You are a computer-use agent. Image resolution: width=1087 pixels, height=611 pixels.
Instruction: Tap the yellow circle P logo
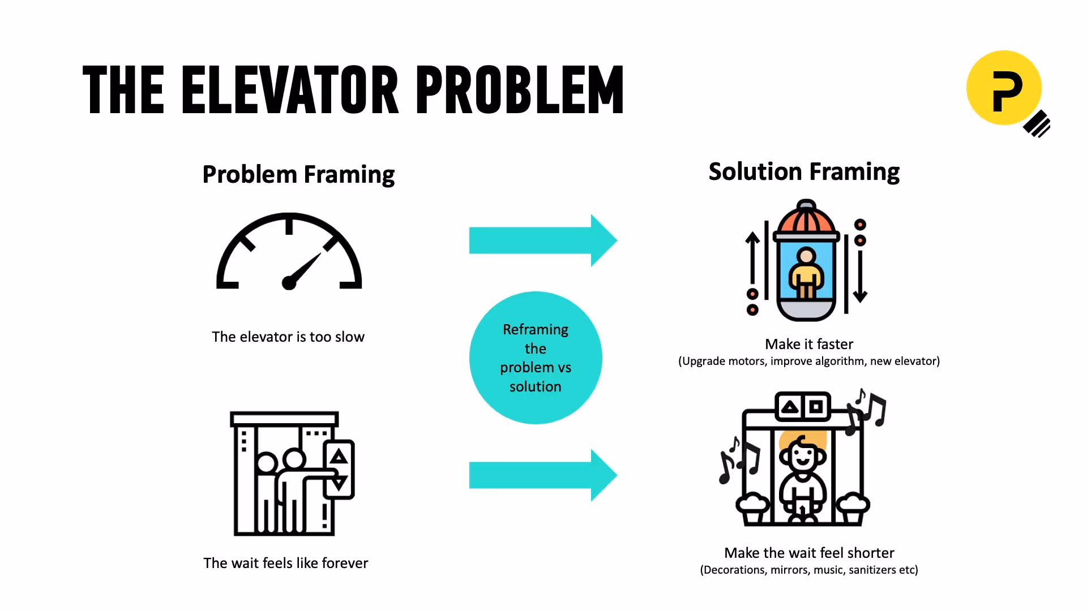coord(1004,88)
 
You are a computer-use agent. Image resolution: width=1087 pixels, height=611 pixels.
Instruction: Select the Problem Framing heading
coord(298,174)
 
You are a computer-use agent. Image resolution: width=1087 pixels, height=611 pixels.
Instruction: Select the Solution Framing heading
coord(804,172)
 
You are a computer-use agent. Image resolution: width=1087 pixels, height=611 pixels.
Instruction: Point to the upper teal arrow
coord(542,240)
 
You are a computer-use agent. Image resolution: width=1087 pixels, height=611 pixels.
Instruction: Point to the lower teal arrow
coord(542,475)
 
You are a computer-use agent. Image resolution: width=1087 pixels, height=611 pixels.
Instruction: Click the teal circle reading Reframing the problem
coord(536,358)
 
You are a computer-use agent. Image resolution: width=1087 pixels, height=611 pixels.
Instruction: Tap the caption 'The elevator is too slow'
coord(288,337)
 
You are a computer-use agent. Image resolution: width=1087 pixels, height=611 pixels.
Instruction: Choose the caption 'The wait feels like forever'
coord(286,563)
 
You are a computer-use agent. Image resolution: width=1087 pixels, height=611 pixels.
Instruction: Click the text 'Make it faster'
coord(809,344)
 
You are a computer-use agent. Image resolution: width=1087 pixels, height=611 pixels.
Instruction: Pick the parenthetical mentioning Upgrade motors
coord(809,361)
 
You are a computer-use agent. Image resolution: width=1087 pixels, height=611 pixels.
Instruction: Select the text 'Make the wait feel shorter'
coord(809,553)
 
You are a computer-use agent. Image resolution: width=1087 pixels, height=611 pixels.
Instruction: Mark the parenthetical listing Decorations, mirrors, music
coord(809,570)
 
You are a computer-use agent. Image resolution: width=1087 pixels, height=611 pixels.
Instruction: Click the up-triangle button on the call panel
coord(339,457)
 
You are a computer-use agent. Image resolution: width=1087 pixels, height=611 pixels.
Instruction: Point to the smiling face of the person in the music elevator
coord(803,455)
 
